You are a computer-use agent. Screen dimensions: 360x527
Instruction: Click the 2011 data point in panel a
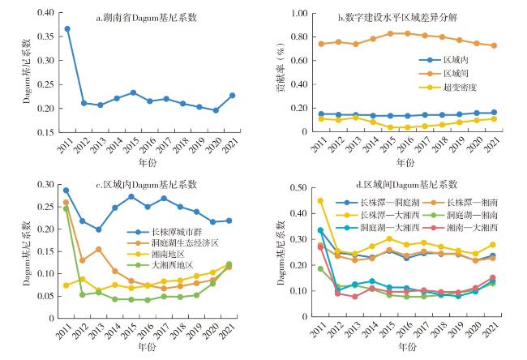point(67,28)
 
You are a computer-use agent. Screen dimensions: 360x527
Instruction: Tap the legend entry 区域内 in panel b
point(451,60)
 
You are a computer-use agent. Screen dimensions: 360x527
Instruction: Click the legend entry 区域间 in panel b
point(451,73)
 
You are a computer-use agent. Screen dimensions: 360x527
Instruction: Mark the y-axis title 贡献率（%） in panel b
point(281,72)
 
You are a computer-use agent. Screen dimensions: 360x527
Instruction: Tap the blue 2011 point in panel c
point(66,191)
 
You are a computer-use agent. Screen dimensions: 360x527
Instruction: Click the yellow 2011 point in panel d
point(320,201)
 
